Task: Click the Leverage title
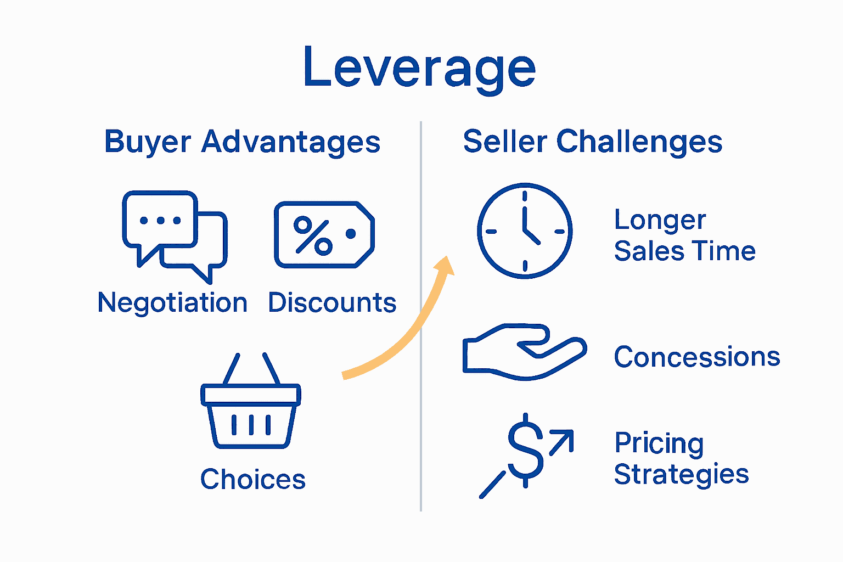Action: tap(419, 68)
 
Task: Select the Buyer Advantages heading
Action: tap(242, 142)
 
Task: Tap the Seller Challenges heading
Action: tap(592, 142)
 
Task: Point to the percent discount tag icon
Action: tap(324, 235)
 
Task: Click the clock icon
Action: tap(525, 231)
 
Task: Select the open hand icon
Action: tap(524, 352)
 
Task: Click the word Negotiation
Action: tap(172, 303)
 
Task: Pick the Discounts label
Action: tap(332, 303)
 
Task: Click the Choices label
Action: tap(252, 479)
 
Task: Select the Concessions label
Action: tap(696, 357)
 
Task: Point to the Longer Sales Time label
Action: tap(684, 235)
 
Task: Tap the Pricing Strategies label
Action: tap(681, 458)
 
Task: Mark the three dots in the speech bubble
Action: tap(160, 221)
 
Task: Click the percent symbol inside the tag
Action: tap(313, 236)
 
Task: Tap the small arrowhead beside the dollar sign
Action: tap(565, 439)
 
